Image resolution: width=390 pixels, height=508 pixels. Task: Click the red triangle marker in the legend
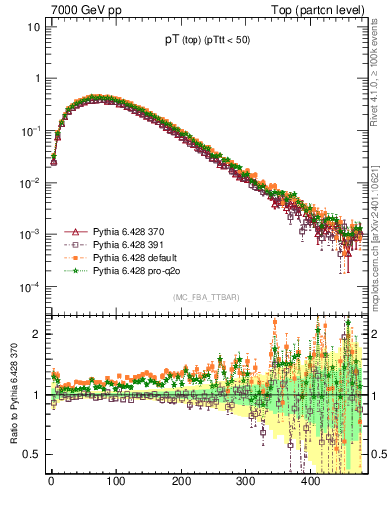[x=73, y=231]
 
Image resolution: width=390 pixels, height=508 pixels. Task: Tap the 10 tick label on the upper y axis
[x=34, y=27]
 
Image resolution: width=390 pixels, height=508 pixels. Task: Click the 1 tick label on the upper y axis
[x=37, y=79]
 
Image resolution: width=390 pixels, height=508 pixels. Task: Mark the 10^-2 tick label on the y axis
[x=29, y=183]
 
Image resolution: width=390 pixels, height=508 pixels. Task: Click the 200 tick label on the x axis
[x=181, y=482]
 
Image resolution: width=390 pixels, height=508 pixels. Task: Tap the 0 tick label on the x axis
[x=51, y=482]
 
